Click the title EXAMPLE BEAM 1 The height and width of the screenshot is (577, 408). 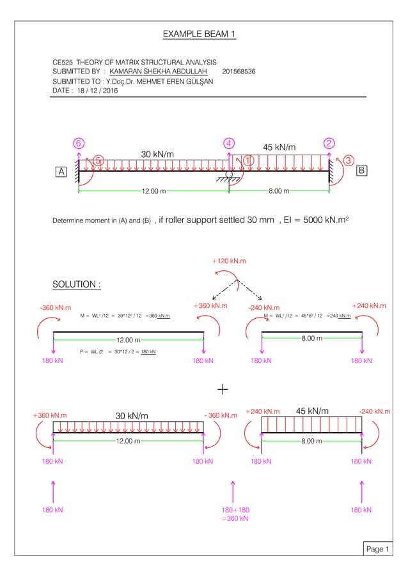click(199, 33)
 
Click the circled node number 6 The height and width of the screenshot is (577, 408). click(79, 143)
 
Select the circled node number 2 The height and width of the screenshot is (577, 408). click(330, 143)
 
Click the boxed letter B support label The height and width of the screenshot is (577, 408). click(361, 171)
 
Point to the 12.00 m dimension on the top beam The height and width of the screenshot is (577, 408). click(153, 190)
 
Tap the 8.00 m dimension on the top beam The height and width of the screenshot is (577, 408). click(278, 190)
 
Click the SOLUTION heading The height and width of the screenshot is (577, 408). click(75, 284)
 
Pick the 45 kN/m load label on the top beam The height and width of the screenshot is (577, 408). click(280, 148)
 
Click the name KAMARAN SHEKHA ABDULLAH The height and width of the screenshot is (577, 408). click(162, 72)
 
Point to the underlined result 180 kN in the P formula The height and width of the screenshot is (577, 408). click(148, 351)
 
